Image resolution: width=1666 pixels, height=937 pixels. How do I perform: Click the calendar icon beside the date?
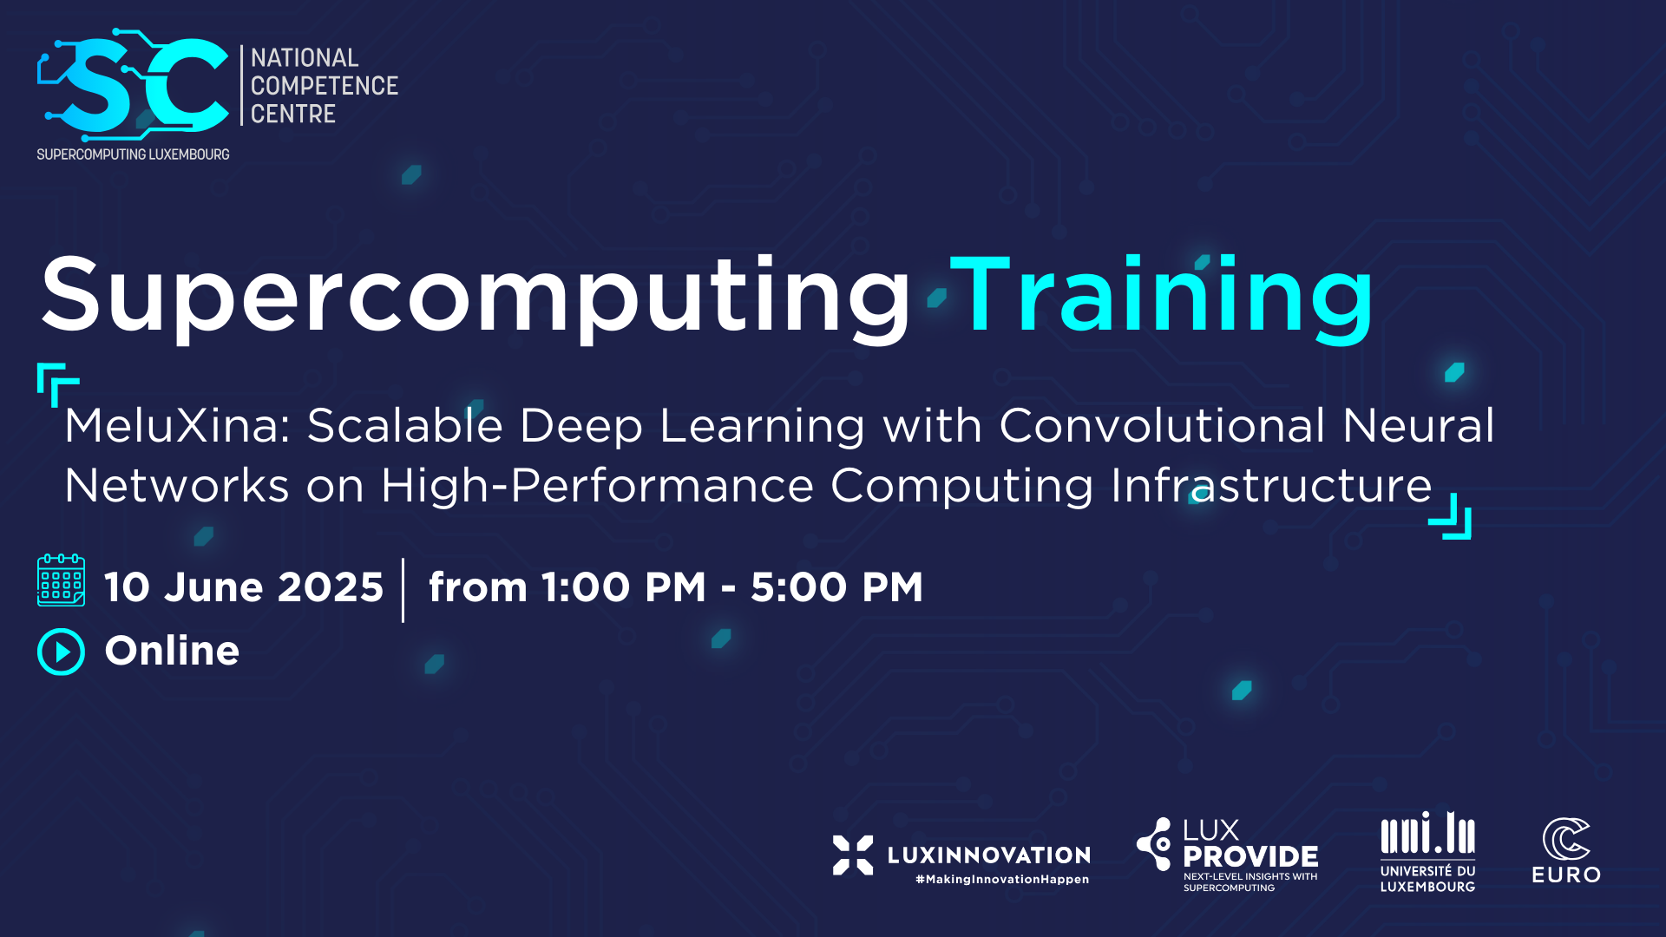point(61,580)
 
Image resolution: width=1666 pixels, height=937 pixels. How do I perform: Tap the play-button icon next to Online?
point(61,652)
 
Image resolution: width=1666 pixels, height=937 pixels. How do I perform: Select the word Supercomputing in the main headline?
point(476,296)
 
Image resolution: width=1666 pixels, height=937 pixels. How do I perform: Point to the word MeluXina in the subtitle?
point(177,426)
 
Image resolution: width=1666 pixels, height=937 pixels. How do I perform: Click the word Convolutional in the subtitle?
point(1163,426)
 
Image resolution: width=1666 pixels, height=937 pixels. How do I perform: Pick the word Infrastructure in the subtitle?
point(1271,485)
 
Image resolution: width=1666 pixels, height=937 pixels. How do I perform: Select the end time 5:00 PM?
point(836,587)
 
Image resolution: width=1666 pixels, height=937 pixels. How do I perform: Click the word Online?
point(172,651)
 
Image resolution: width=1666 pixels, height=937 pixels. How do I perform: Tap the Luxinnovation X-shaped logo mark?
point(852,855)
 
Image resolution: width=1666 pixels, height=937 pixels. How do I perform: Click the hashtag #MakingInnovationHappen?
point(1001,880)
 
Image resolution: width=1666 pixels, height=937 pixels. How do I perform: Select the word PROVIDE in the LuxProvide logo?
point(1250,857)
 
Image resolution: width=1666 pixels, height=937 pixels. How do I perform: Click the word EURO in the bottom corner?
point(1566,875)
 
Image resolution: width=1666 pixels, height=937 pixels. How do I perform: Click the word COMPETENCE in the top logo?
point(325,86)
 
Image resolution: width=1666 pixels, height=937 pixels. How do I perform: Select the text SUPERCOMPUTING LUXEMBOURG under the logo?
point(133,154)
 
